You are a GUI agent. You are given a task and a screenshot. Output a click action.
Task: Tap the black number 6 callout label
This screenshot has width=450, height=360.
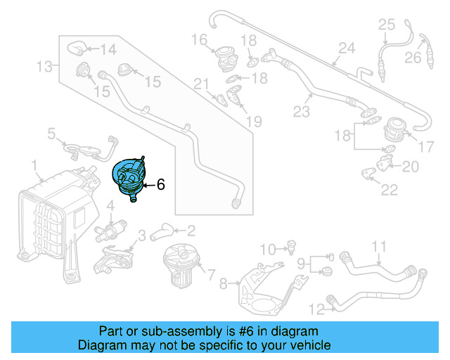[160, 185]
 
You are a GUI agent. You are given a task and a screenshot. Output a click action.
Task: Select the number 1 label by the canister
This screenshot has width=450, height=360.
[34, 165]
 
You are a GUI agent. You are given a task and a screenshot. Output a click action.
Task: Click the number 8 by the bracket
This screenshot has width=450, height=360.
[224, 284]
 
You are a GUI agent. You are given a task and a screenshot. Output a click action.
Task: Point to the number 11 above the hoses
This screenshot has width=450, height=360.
[379, 246]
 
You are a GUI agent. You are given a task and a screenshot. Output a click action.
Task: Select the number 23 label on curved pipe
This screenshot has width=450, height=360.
[301, 111]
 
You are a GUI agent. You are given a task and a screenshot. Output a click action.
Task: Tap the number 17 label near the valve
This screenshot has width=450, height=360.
[427, 148]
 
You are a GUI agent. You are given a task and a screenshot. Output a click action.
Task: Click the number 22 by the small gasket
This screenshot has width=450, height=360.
[388, 189]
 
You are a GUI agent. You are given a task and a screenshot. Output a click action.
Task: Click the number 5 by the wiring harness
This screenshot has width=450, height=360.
[51, 133]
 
